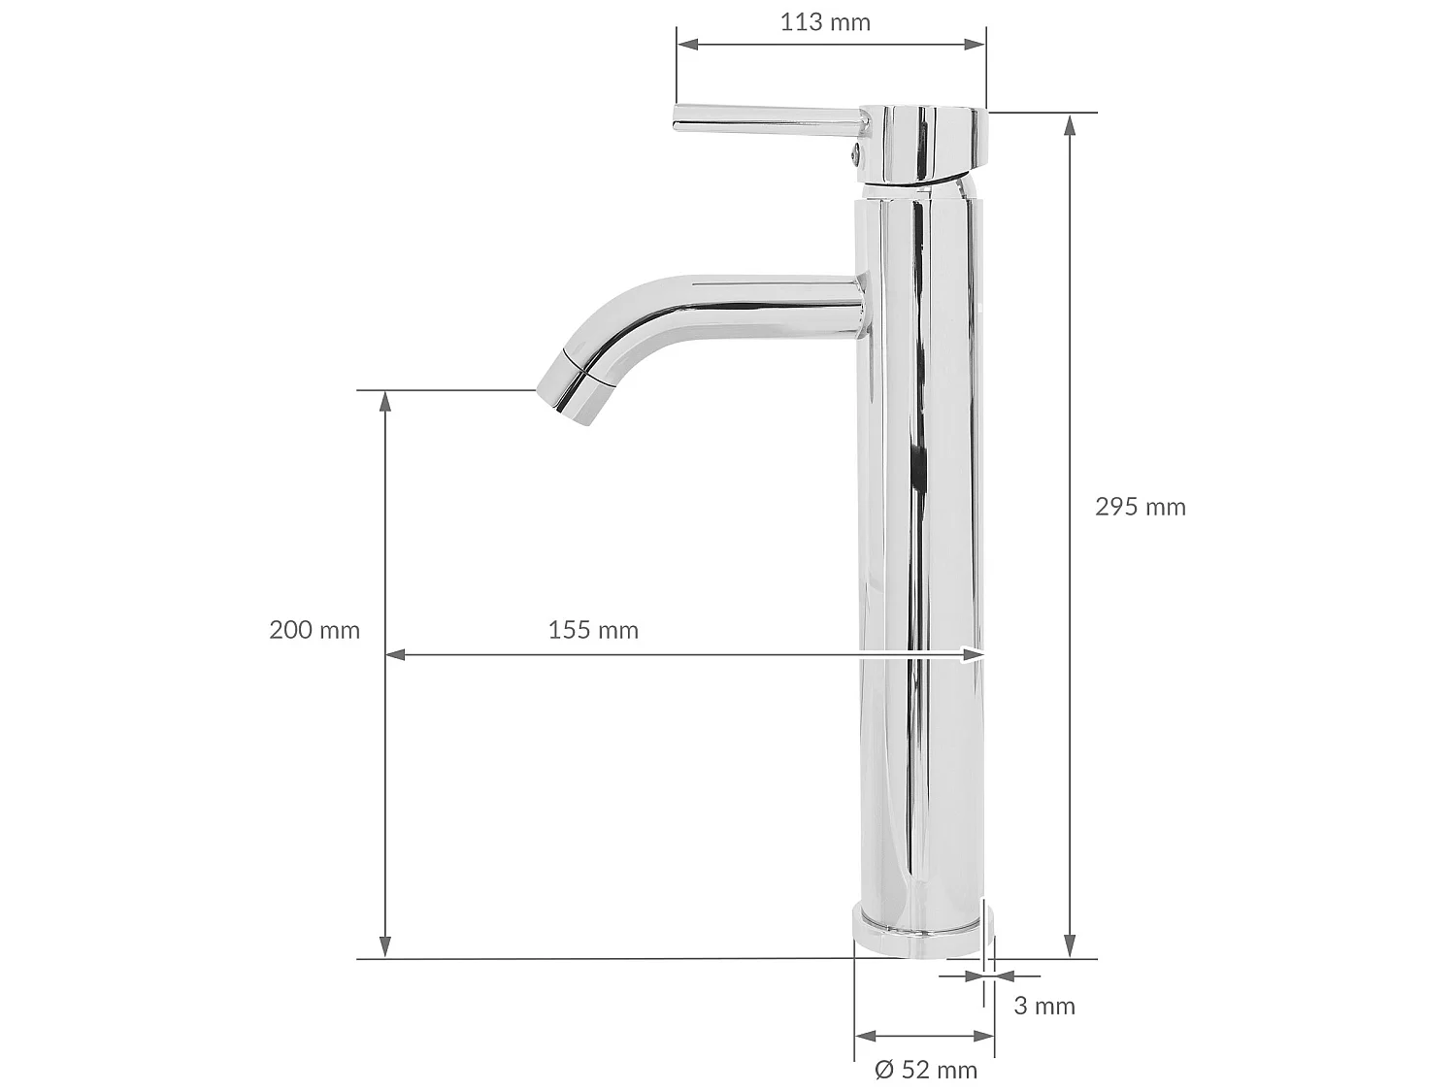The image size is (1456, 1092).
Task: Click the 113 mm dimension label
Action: (x=825, y=21)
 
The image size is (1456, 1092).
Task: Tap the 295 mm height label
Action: (x=1141, y=507)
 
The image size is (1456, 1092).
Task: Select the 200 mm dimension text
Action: (x=314, y=630)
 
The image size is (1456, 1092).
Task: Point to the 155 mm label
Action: (x=593, y=630)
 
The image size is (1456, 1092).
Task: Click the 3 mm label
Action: (x=1044, y=1007)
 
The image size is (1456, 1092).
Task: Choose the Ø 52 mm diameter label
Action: (x=926, y=1070)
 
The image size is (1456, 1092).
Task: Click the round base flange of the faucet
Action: (x=920, y=932)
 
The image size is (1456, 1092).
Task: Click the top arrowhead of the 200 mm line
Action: (x=385, y=401)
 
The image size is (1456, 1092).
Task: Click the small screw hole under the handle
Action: (x=856, y=151)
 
